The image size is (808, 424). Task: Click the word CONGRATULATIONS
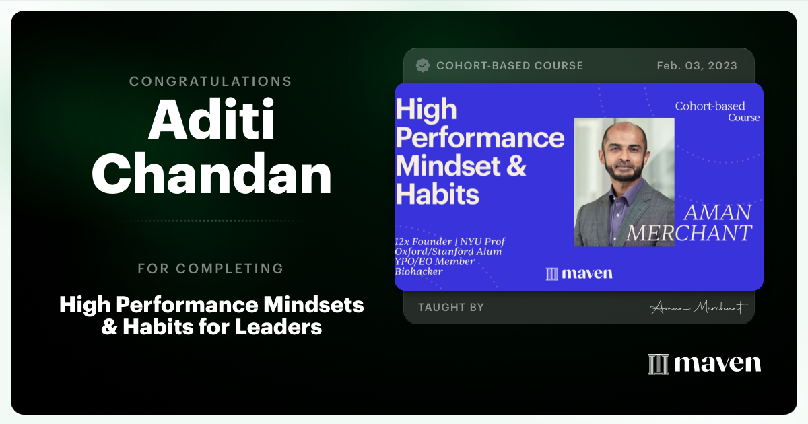tap(211, 81)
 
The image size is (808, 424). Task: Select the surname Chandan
tap(211, 176)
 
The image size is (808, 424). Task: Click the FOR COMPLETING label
tap(211, 269)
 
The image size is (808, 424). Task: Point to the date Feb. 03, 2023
tap(697, 66)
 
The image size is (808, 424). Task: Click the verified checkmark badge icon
tap(423, 65)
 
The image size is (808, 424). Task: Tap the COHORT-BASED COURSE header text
tap(509, 66)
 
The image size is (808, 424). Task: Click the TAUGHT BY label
tap(451, 308)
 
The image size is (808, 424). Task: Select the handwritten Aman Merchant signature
tap(699, 308)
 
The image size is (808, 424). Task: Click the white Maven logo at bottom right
tap(704, 363)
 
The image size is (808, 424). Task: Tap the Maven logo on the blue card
tap(579, 273)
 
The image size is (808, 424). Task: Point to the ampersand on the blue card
tap(514, 166)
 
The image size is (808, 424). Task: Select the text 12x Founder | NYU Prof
tap(450, 242)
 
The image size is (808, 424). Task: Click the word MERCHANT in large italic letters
tap(688, 233)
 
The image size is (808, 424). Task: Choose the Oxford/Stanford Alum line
tap(448, 252)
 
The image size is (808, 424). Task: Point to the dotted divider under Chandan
tap(211, 221)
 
